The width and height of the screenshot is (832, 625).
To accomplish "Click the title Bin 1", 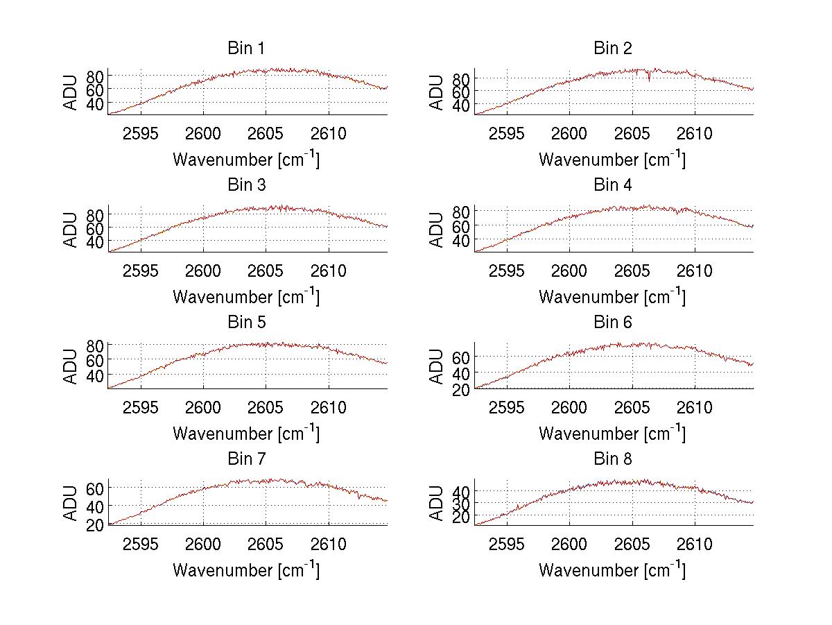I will coord(246,49).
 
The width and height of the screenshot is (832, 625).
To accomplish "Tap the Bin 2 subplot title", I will coord(613,49).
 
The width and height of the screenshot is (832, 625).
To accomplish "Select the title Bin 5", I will coord(246,323).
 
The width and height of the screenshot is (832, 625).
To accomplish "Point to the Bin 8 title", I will coord(613,459).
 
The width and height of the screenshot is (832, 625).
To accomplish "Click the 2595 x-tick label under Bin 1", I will coord(141,133).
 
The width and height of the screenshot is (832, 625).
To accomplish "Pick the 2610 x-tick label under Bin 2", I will coord(695,133).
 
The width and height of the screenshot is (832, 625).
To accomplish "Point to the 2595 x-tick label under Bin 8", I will coord(507,544).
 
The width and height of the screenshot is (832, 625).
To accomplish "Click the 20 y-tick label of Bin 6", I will coord(462,389).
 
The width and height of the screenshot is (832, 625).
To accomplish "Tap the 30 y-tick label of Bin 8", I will coord(462,504).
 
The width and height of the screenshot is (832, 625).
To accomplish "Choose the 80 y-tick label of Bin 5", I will coord(96,345).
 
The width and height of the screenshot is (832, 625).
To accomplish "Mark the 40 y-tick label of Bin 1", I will coord(96,104).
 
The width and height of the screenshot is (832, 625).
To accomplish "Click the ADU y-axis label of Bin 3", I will coord(71,230).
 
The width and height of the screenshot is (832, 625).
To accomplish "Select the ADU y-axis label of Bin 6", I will coord(437,366).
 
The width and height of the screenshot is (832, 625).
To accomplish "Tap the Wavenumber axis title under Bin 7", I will coord(246,570).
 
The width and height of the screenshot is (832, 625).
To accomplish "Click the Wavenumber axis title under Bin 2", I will coord(613,159).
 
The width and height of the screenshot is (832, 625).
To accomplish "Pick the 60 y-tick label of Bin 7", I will coord(96,488).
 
